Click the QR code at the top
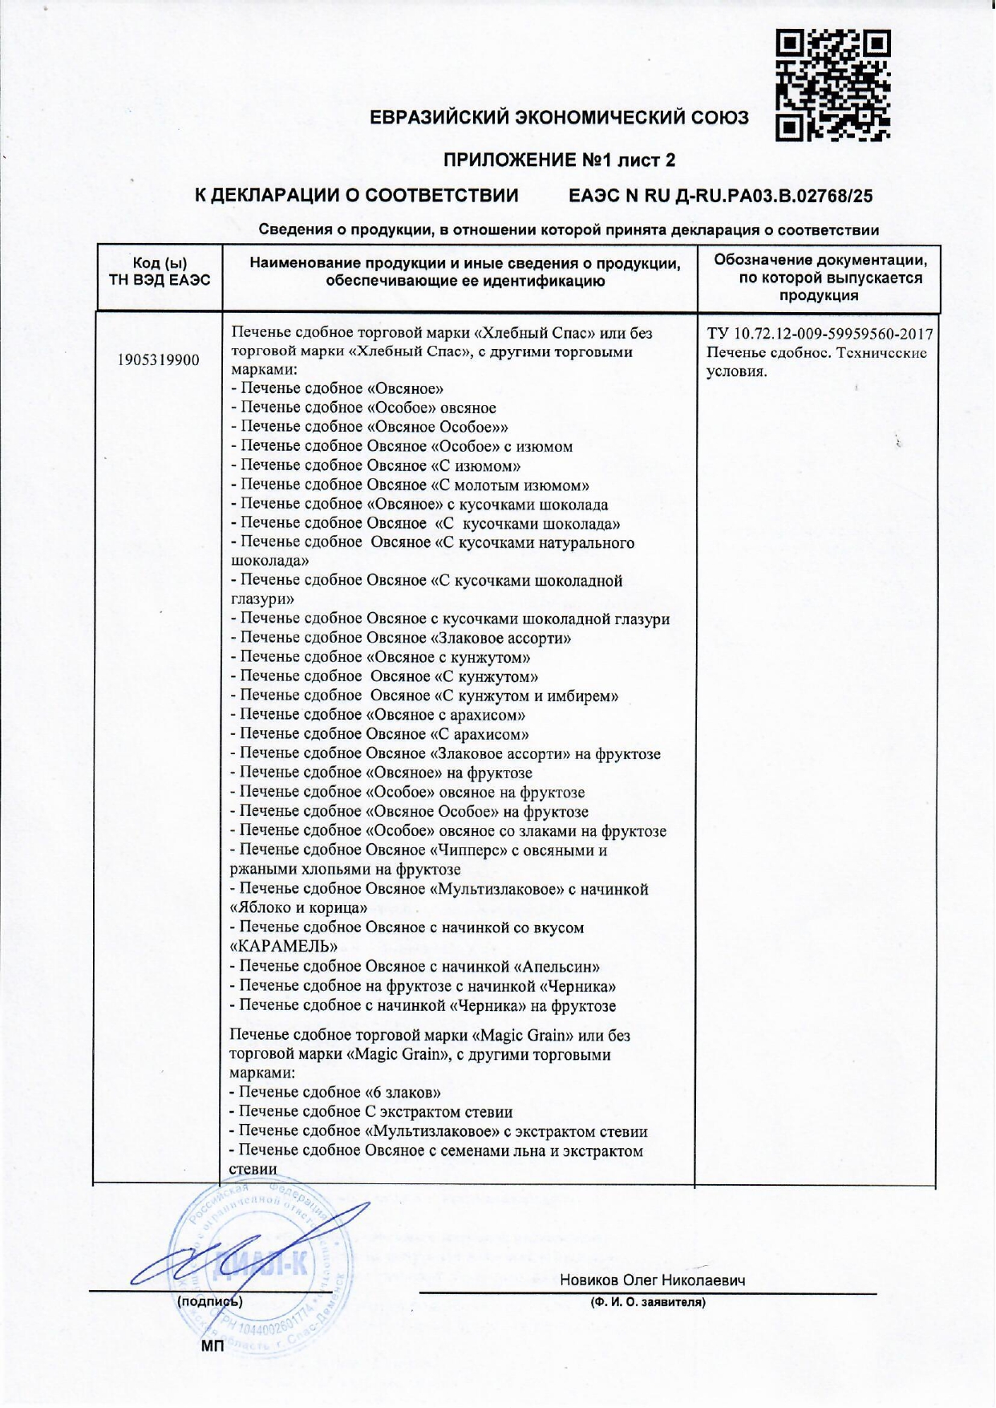(833, 86)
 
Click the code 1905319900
(158, 359)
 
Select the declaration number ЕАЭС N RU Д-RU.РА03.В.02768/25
(720, 196)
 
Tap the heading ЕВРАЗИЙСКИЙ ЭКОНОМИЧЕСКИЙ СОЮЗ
(559, 118)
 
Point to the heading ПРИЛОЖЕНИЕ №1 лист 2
(559, 160)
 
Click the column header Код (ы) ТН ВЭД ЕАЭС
(160, 271)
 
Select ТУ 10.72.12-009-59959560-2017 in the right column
(820, 334)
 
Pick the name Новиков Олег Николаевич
(652, 1280)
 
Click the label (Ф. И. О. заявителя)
(648, 1302)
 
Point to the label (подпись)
(209, 1301)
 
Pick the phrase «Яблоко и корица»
(298, 908)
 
